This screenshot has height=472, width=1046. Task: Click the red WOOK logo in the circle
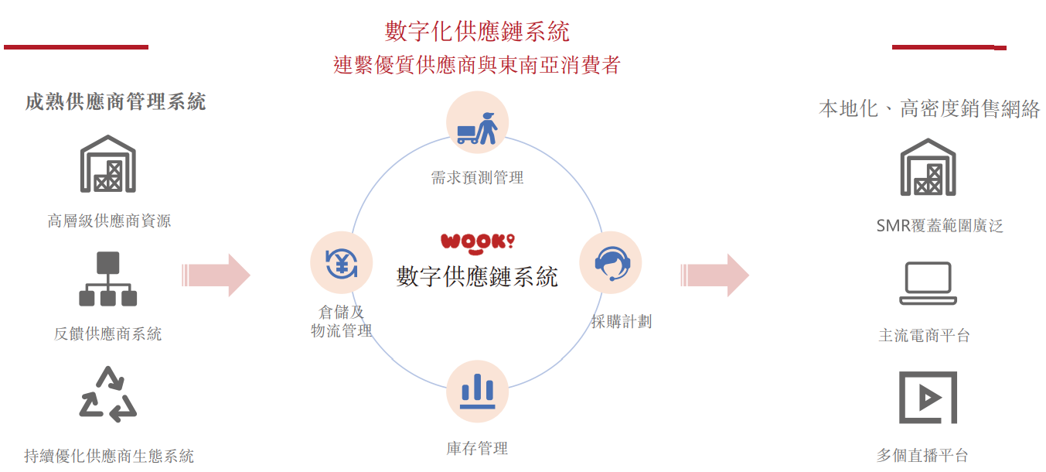pos(477,241)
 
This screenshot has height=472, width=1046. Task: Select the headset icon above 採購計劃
pos(611,263)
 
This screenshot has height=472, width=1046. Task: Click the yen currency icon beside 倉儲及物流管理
pos(341,263)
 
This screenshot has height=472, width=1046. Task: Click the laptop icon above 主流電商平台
pos(928,283)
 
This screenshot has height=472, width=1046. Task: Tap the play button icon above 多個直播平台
pos(928,398)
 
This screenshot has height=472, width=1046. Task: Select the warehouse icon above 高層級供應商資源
pos(108,164)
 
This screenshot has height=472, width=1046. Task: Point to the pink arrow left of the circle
pos(216,275)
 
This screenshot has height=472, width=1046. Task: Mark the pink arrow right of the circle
pos(714,275)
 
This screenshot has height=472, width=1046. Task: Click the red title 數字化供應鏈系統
pos(477,32)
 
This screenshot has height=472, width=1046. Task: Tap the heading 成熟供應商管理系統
pos(115,102)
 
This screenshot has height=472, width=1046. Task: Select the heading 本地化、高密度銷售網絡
pos(929,109)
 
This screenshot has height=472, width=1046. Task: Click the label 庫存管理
pos(477,448)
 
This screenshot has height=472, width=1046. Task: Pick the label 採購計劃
pos(622,322)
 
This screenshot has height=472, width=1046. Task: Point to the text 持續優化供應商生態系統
pos(109,456)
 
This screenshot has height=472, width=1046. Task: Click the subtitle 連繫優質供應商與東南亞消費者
pos(477,64)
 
